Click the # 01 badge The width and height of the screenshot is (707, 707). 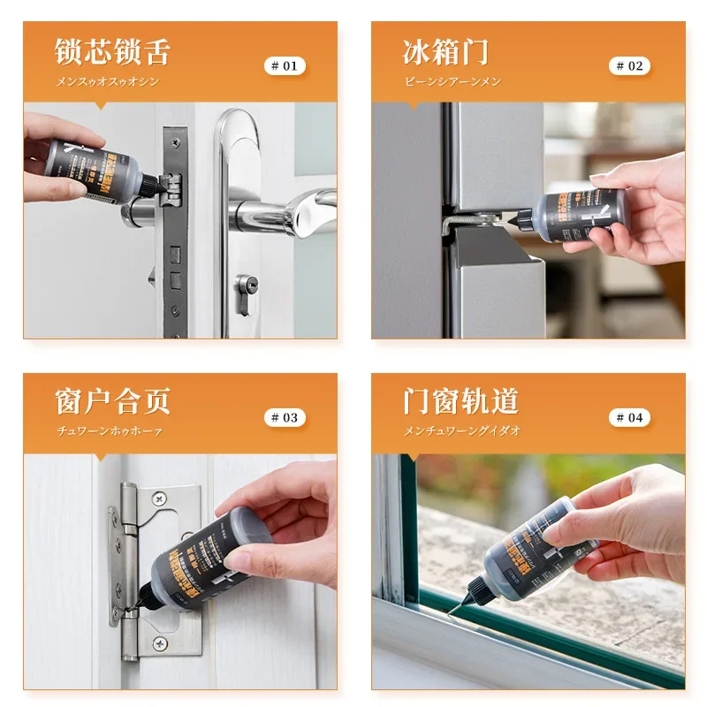coord(285,66)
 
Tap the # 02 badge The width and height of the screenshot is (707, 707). coord(629,66)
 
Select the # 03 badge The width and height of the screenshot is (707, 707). coord(285,417)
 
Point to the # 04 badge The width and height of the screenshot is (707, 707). coord(629,417)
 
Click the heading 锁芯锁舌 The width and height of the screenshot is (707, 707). coord(112,51)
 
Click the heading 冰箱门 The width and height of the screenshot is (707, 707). coord(445,51)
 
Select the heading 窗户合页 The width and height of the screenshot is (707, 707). coord(112,402)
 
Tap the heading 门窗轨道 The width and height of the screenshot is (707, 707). coord(460,402)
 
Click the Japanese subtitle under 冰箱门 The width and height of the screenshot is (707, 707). coord(452,81)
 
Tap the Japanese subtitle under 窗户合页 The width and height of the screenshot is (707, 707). coord(109,432)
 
